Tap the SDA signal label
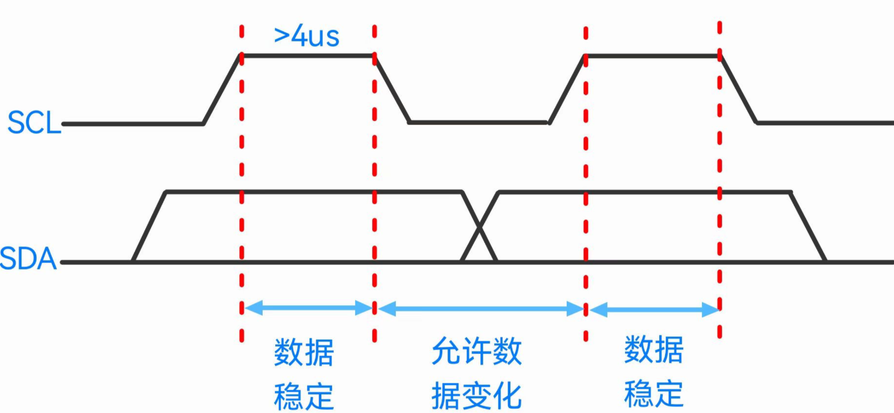28,259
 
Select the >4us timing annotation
306,36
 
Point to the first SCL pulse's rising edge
222,89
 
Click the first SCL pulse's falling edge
392,89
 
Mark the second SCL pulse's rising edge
567,89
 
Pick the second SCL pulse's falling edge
738,89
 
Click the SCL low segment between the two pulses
479,123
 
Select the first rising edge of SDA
149,227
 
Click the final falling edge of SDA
808,227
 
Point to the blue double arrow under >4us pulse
308,308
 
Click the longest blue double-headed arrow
480,308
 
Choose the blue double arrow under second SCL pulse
653,309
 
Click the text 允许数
476,351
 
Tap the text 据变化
476,395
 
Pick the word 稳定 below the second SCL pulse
653,394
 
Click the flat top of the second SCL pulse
652,56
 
